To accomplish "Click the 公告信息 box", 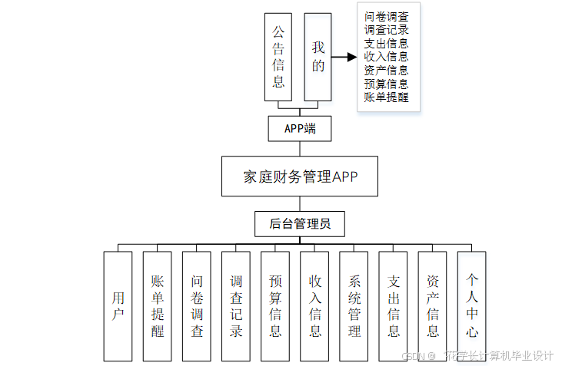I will (279, 58).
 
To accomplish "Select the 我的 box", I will (318, 58).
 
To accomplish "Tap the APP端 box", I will (300, 129).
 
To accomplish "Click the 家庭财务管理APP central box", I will (300, 177).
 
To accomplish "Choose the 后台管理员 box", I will (300, 224).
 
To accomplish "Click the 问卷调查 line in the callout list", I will (387, 16).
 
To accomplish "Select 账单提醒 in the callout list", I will (387, 97).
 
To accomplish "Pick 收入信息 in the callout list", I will (387, 56).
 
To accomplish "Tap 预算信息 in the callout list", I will (387, 84).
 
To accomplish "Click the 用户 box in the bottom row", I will (118, 306).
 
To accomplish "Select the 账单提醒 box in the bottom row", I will (158, 306).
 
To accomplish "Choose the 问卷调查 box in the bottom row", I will (197, 306).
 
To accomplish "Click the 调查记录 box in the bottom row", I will (236, 306).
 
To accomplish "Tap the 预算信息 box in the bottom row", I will (275, 306).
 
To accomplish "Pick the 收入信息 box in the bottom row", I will (314, 306).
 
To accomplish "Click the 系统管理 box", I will (354, 306).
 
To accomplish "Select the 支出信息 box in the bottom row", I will (394, 306).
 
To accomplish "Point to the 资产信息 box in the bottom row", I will (433, 306).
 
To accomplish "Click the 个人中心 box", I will (472, 306).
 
